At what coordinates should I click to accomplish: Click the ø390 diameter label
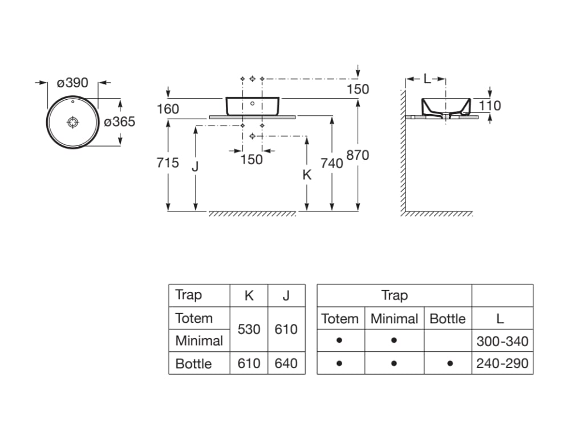click(73, 83)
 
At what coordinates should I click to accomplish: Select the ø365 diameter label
click(119, 121)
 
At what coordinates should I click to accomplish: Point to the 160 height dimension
click(169, 109)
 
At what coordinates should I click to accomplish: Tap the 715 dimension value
click(168, 163)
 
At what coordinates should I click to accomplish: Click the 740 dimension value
click(332, 163)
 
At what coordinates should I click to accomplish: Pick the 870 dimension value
click(358, 155)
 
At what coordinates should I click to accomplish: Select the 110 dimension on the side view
click(490, 106)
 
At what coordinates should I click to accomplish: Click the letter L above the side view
click(427, 79)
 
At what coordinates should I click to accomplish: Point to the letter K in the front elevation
click(307, 175)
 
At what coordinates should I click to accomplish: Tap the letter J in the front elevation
click(196, 167)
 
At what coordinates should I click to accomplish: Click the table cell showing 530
click(249, 329)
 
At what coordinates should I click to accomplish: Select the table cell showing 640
click(286, 363)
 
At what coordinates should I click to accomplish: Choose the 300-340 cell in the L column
click(502, 341)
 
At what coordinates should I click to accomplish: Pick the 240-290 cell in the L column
click(502, 363)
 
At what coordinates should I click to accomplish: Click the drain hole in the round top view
click(73, 122)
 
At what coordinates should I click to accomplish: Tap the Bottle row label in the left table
click(193, 363)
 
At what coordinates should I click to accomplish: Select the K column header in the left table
click(249, 295)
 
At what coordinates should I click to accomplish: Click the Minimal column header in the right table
click(394, 318)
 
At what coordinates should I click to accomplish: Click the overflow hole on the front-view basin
click(252, 104)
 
